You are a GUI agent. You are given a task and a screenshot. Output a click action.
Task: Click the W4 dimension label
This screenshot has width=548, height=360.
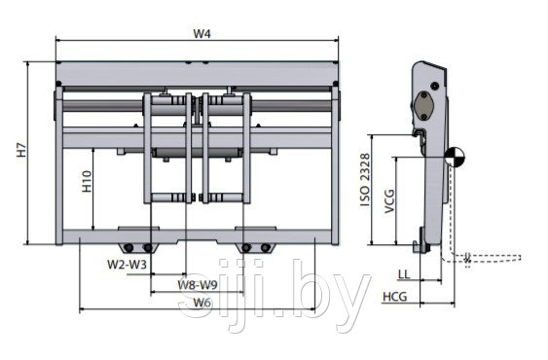(x=202, y=34)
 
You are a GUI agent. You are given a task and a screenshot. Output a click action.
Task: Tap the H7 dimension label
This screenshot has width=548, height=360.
(x=22, y=150)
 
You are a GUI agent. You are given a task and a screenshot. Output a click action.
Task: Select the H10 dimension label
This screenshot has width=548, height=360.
(x=87, y=181)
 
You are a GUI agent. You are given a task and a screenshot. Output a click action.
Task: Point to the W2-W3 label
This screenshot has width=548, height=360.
(x=127, y=265)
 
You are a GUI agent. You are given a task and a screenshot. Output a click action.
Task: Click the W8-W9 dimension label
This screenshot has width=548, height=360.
(x=198, y=284)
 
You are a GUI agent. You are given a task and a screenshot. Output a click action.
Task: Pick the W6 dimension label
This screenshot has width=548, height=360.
(x=202, y=302)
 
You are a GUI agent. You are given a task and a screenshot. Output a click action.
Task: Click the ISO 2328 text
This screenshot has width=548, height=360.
(x=365, y=179)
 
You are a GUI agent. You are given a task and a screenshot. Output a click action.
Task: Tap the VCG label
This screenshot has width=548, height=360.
(x=389, y=201)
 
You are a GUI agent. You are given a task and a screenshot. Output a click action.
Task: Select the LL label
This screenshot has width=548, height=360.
(x=404, y=274)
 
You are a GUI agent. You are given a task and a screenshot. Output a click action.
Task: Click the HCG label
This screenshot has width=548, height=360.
(x=395, y=297)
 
